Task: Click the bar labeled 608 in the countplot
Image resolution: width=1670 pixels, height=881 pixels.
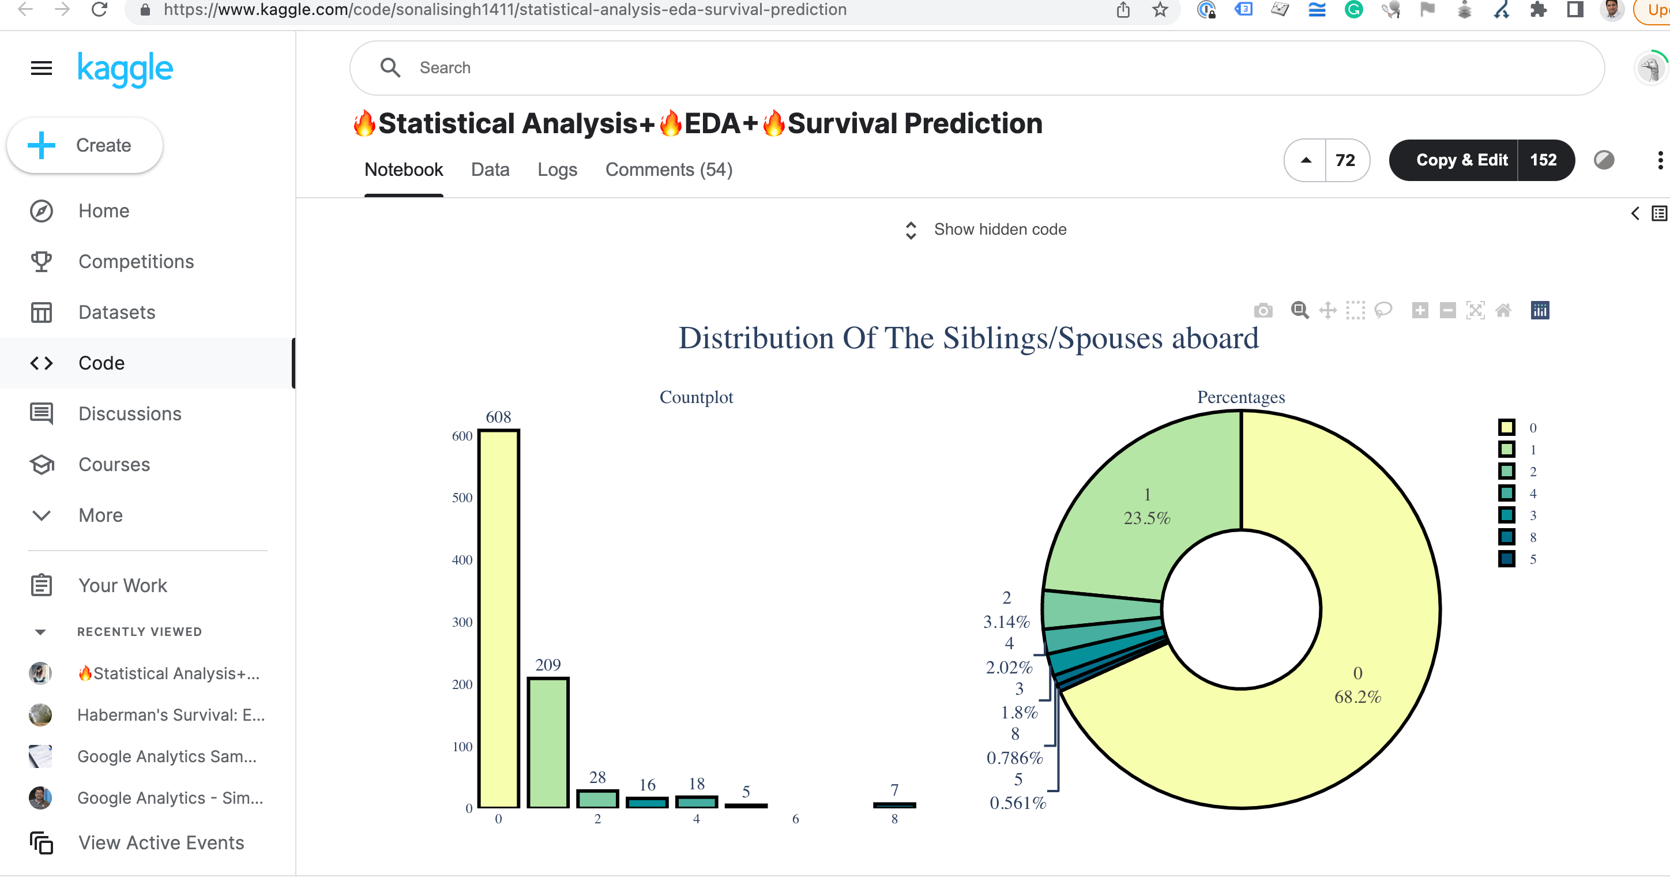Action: click(x=499, y=619)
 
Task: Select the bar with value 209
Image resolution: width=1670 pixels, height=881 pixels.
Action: click(x=548, y=742)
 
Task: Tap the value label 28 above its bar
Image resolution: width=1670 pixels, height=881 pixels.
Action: click(x=597, y=777)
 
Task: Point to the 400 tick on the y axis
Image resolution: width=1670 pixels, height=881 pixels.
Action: click(x=462, y=559)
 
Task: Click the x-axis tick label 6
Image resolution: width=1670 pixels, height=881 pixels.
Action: click(x=795, y=819)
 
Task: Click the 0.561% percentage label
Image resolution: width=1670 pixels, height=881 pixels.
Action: click(x=1018, y=803)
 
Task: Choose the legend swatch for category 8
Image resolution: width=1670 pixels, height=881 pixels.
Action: click(x=1507, y=537)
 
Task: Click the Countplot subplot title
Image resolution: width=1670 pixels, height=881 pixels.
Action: click(x=696, y=397)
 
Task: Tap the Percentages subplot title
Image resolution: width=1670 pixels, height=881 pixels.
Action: click(x=1241, y=397)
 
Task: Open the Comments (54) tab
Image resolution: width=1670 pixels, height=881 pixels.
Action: click(x=668, y=170)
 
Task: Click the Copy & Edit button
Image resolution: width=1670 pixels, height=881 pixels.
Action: click(x=1461, y=160)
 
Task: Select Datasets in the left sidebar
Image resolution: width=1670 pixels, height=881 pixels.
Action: click(x=116, y=313)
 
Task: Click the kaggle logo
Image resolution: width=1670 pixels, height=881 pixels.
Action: click(x=125, y=69)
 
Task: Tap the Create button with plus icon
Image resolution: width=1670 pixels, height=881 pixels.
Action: click(x=85, y=145)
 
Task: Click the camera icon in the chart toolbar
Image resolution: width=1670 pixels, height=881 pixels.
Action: click(x=1263, y=311)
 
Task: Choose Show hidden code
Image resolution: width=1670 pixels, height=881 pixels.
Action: click(x=999, y=229)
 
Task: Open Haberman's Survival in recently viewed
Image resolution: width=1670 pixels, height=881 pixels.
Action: click(x=171, y=714)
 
